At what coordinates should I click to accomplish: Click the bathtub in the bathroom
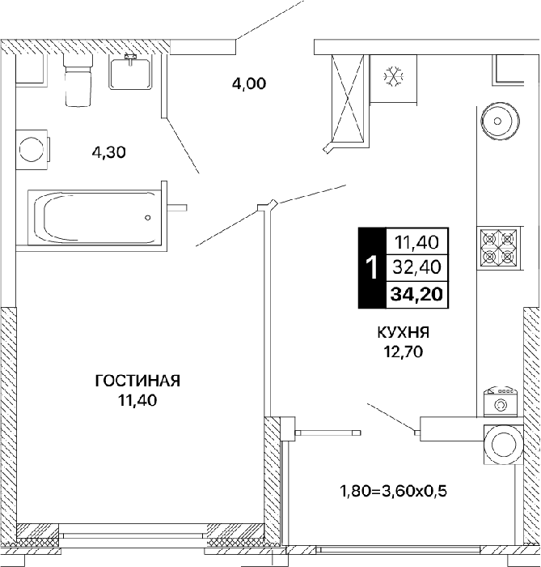pos(94,217)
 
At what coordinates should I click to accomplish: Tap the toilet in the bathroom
pos(78,80)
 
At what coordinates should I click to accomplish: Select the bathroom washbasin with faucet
pos(130,71)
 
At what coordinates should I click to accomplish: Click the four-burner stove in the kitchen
pos(499,249)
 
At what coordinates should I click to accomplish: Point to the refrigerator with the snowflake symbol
pos(393,79)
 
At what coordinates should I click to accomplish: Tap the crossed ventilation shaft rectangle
pos(348,98)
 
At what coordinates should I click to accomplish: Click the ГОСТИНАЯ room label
pos(137,381)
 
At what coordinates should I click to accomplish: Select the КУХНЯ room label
pos(404,332)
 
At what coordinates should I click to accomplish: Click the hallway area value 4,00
pos(249,84)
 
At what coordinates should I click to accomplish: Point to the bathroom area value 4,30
pos(108,152)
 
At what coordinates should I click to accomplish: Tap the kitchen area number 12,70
pos(404,352)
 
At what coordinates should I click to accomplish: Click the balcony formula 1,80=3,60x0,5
pos(393,491)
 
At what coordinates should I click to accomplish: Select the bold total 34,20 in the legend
pos(416,294)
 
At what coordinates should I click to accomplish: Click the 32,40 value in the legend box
pos(416,267)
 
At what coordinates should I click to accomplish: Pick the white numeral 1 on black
pos(372,268)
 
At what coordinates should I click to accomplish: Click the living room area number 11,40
pos(137,400)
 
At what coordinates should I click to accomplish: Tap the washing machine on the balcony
pos(504,445)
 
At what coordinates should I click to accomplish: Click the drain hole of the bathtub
pos(148,218)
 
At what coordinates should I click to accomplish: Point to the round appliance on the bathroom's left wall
pos(32,150)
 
